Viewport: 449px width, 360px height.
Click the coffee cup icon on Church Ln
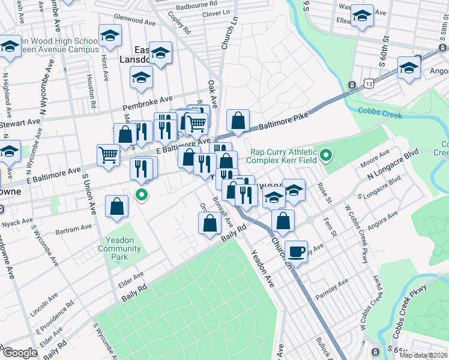pos(295,251)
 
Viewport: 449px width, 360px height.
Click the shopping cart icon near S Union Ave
pos(109,154)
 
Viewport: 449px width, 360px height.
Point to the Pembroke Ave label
pos(147,103)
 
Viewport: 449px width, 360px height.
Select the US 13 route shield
pos(351,86)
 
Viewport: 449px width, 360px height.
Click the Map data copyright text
pos(423,356)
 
